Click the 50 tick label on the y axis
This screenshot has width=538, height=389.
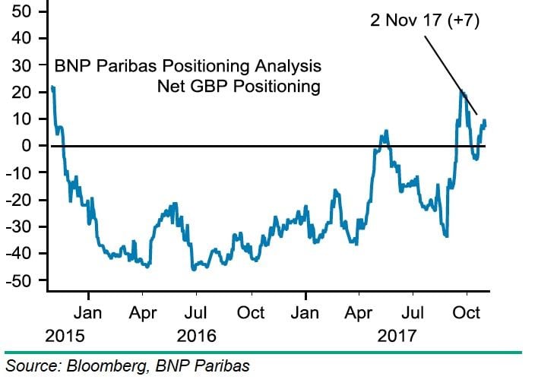click(21, 11)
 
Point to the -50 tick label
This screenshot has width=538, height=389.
click(18, 280)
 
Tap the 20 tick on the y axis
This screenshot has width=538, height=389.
click(21, 92)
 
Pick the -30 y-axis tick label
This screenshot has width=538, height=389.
click(18, 226)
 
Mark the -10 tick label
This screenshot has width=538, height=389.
click(18, 172)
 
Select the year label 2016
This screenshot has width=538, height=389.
click(196, 335)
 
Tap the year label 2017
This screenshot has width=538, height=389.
click(397, 335)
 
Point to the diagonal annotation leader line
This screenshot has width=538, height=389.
click(449, 73)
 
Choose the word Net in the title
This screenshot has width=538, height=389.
click(172, 86)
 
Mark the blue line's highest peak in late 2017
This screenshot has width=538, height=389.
click(461, 91)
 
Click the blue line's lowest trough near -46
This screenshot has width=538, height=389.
click(193, 269)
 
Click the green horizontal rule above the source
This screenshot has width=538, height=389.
click(263, 352)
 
